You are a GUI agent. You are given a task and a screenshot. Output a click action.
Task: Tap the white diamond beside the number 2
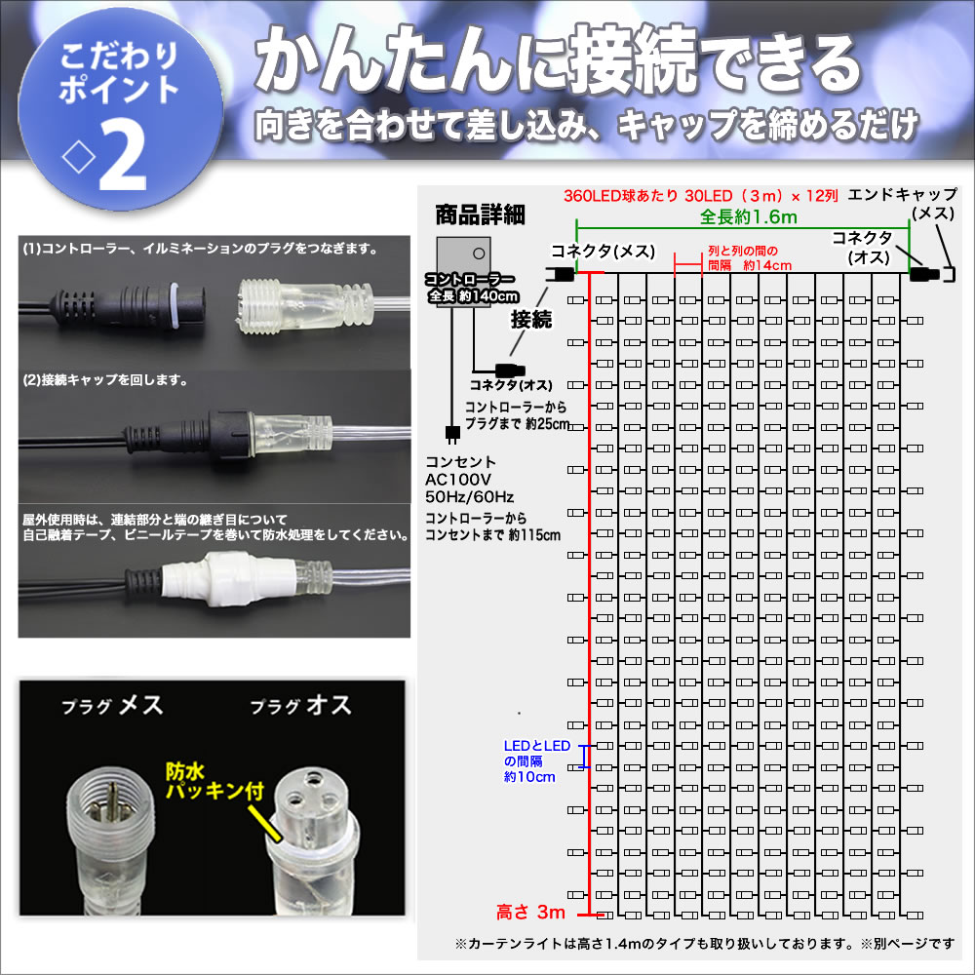pos(79,158)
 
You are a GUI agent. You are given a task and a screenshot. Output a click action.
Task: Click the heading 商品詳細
pos(480,215)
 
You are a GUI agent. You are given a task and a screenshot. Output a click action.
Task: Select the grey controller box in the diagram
pos(463,272)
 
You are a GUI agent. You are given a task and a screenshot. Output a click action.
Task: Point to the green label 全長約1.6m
pos(748,217)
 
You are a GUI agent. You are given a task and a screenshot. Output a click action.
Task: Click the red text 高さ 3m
pos(530,913)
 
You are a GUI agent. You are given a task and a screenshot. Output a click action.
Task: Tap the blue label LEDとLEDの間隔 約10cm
pos(536,761)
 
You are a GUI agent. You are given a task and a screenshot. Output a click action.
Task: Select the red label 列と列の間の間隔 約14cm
pos(749,258)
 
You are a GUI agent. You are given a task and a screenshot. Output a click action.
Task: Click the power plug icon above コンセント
pos(452,434)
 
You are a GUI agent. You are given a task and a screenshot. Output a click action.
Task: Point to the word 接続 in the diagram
pos(531,320)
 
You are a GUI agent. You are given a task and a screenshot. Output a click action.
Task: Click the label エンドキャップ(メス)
pos(902,204)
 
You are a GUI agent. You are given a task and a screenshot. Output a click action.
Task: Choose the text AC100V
pos(457,480)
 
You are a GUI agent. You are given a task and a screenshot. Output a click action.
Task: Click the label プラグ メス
pos(112,705)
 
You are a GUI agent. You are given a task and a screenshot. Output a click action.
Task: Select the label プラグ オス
pos(301,705)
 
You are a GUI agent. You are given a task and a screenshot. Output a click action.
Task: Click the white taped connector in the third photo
pos(228,578)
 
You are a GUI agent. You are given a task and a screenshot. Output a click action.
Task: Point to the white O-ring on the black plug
pos(175,304)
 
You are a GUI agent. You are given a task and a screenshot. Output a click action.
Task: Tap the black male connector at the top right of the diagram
pos(924,273)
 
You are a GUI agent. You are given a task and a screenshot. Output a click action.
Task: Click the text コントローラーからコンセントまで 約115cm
pos(492,526)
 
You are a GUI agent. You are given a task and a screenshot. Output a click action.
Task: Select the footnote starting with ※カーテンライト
pos(705,943)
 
